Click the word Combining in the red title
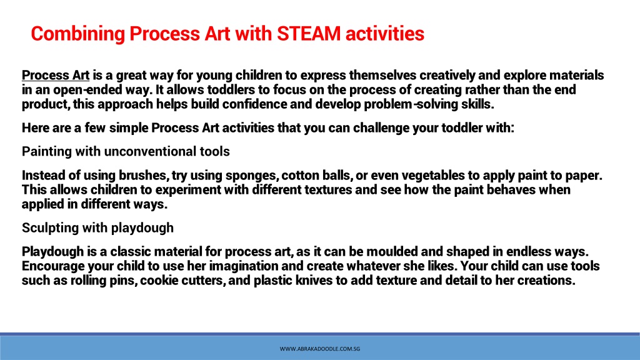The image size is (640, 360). (77, 34)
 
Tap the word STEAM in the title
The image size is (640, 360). (309, 34)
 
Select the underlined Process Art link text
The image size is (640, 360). (56, 76)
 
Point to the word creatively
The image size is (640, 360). (447, 76)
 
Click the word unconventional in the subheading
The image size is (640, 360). (150, 151)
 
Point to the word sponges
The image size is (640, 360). (252, 176)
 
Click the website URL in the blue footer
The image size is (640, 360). (320, 349)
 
